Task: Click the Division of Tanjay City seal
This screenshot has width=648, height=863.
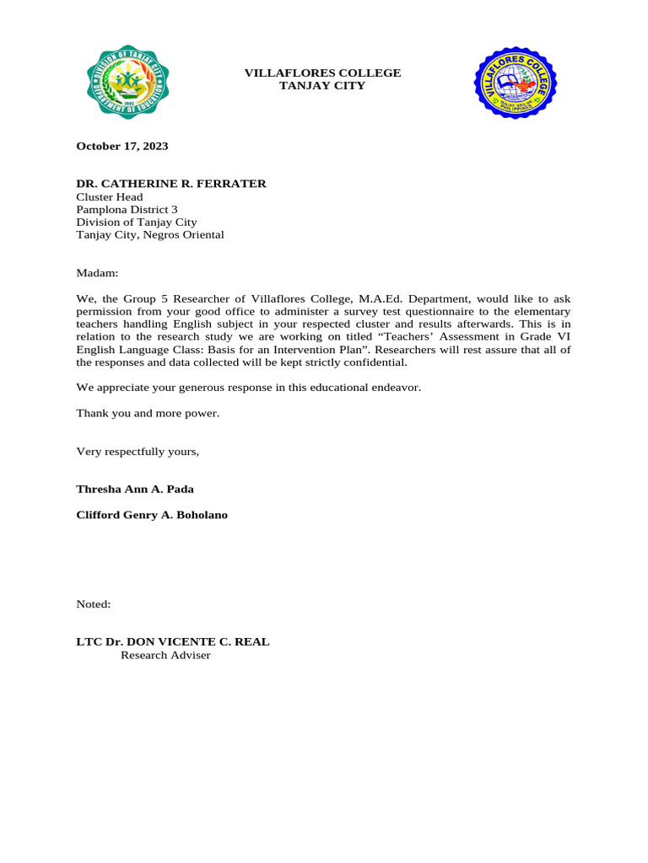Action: (x=127, y=83)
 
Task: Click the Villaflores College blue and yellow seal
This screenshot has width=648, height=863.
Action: (x=515, y=83)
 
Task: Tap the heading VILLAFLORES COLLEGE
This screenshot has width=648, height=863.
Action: (x=322, y=73)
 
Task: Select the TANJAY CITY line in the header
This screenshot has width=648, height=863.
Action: (x=322, y=86)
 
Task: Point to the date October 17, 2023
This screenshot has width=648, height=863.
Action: (x=122, y=146)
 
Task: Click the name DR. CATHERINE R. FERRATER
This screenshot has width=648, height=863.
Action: (x=171, y=184)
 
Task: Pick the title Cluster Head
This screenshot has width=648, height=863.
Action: (x=110, y=197)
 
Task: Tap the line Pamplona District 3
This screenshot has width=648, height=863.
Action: (x=127, y=210)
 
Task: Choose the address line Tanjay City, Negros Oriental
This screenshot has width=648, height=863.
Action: (x=150, y=235)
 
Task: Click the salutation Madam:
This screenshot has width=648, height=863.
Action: (x=97, y=273)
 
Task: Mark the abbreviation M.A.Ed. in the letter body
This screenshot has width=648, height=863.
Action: (x=381, y=298)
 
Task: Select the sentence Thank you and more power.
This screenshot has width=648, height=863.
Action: (x=148, y=413)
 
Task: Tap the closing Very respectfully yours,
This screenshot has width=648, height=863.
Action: (x=138, y=452)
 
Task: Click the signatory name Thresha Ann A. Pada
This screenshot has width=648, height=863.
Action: (x=135, y=489)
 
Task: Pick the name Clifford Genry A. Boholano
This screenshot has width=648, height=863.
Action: (x=152, y=515)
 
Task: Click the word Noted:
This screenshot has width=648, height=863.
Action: (x=94, y=604)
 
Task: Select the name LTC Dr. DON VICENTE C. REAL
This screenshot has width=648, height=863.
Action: (x=173, y=641)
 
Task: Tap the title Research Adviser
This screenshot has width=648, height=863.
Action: (x=165, y=655)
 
